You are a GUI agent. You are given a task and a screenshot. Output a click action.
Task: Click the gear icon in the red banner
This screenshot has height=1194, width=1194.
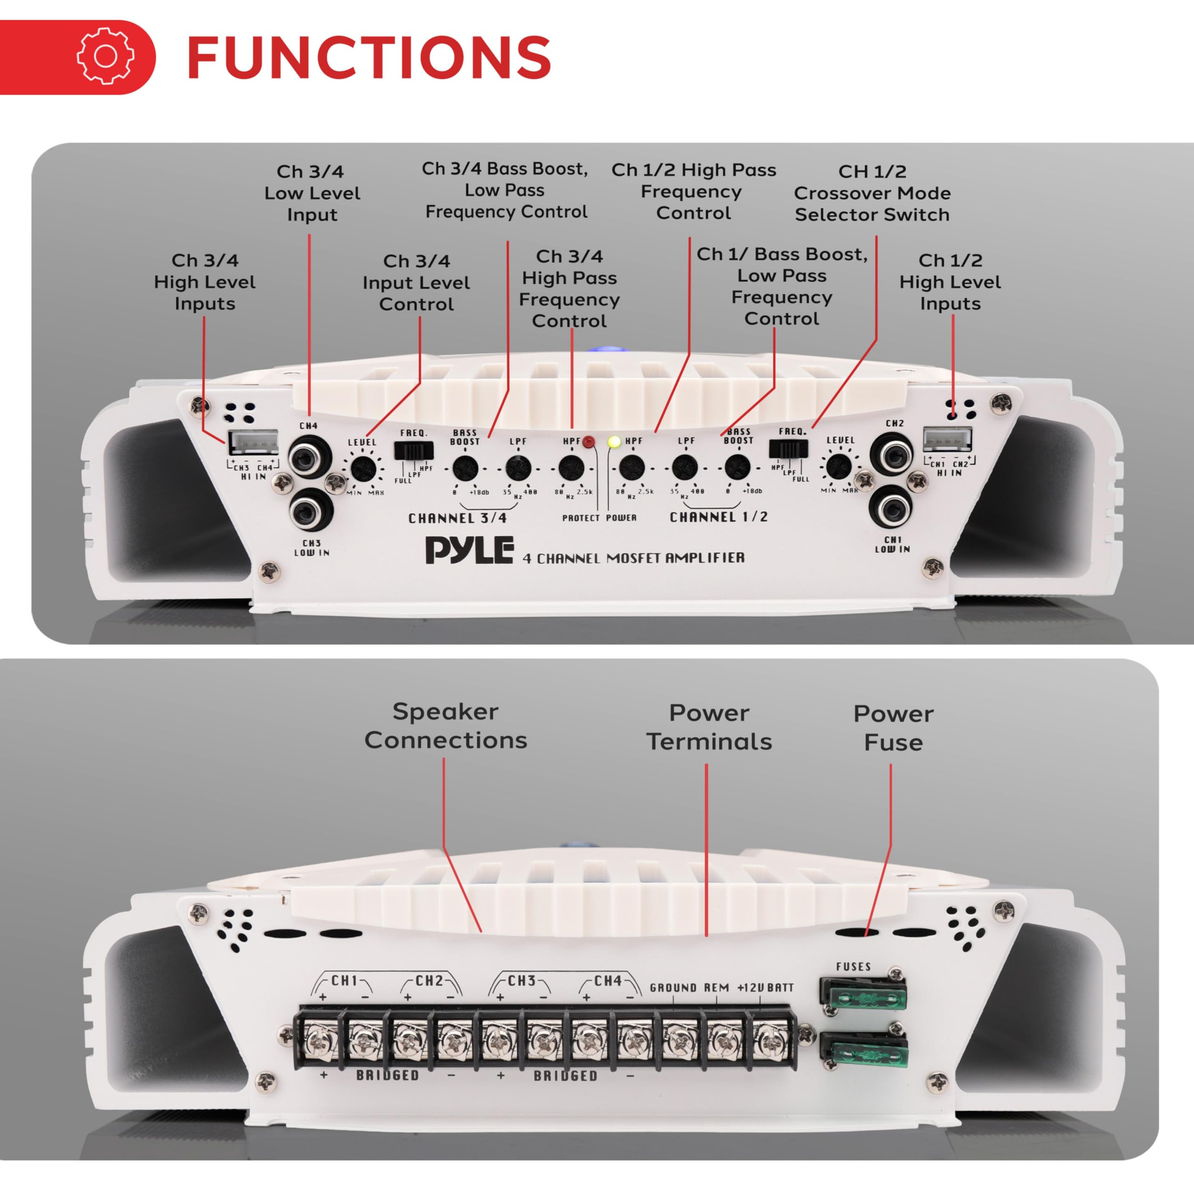coord(106,56)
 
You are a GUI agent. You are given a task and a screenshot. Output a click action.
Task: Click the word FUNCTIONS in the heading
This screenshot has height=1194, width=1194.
coord(368,57)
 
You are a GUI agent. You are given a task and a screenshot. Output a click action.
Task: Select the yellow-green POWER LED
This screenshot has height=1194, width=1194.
coord(614,442)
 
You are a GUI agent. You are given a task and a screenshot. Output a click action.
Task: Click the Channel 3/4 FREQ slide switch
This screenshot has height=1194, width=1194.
coord(413,450)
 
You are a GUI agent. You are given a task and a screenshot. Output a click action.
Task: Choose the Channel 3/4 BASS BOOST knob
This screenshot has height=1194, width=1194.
coord(464,468)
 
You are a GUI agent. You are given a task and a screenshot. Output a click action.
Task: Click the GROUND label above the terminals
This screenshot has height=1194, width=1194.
coord(673,988)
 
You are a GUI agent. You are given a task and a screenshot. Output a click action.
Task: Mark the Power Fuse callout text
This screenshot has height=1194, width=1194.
coord(893,728)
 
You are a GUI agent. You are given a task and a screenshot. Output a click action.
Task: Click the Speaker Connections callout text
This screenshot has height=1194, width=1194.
coord(445,726)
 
